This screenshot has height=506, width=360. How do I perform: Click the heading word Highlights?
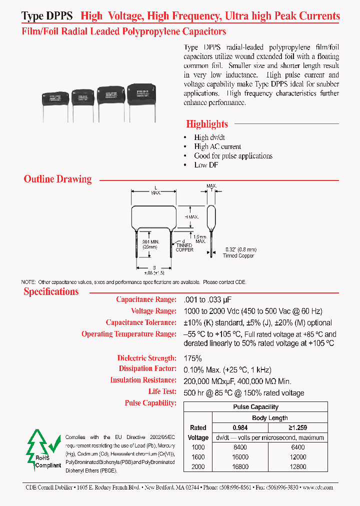207,124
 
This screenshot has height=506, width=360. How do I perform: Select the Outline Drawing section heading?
57,179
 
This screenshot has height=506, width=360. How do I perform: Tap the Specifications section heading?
51,291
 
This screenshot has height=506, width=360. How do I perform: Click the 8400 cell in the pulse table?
240,447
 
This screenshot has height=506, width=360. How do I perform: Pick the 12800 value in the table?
297,466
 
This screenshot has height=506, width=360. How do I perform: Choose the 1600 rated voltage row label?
198,457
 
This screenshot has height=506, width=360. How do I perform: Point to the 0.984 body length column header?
240,427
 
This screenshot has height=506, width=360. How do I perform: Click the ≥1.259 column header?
297,427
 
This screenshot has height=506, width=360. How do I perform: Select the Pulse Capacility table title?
255,407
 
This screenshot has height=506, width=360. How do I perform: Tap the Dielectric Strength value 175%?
192,358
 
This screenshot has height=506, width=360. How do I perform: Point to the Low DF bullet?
205,165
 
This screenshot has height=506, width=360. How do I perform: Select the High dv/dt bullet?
208,137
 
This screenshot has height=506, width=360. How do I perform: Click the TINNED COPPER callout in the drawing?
184,247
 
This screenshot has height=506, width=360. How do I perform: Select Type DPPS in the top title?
47,16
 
